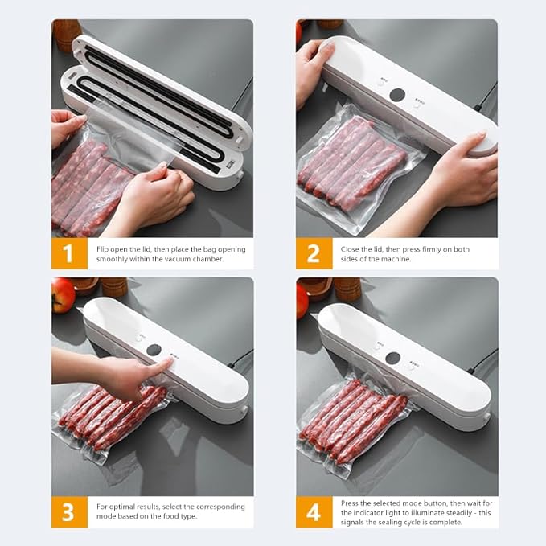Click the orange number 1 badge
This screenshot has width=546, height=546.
(68, 253)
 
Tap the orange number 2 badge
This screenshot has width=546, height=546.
(313, 253)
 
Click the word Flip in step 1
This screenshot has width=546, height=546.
(104, 249)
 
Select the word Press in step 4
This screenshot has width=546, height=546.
(351, 501)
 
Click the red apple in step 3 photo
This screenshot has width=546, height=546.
(62, 295)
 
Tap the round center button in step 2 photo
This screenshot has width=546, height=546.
(398, 95)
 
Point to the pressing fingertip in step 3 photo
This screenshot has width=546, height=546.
(164, 367)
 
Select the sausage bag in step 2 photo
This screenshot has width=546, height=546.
(351, 161)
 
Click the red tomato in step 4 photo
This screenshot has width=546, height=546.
(302, 299)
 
